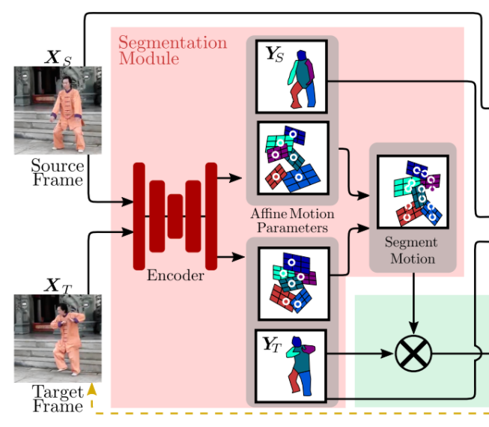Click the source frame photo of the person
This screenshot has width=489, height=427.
(58, 110)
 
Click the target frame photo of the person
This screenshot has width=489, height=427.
(58, 338)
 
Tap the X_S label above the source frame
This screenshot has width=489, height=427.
(58, 56)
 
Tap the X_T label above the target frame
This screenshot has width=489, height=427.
(58, 285)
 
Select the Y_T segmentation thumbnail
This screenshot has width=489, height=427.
(292, 363)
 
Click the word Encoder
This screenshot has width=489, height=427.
(175, 276)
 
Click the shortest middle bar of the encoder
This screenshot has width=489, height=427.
(175, 216)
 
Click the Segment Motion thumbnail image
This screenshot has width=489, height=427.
(413, 192)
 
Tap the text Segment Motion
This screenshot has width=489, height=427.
(413, 251)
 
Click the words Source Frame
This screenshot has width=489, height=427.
(57, 172)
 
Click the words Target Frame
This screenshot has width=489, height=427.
(57, 399)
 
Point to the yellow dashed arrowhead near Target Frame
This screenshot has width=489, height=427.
(91, 389)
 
